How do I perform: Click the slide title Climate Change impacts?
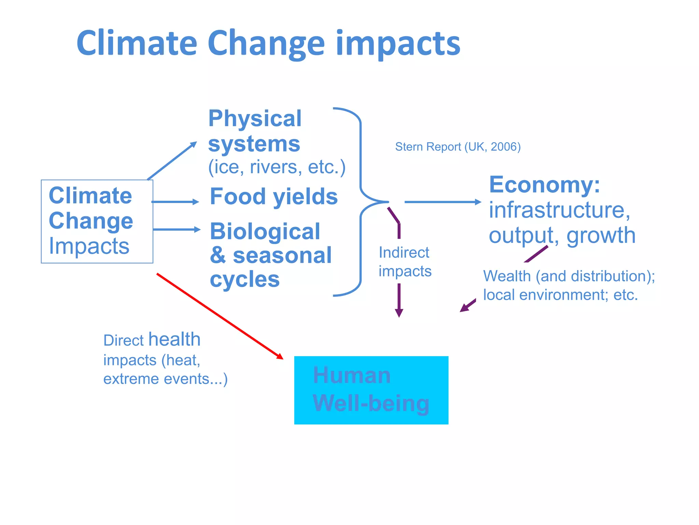(x=268, y=43)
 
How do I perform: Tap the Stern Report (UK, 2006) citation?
(x=458, y=147)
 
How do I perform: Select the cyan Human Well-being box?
(x=371, y=390)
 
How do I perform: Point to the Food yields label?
(x=274, y=197)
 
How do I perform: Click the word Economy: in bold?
(x=544, y=185)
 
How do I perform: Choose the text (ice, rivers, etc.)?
(x=277, y=167)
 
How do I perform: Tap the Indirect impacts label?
(x=405, y=262)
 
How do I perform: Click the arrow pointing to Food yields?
(x=175, y=202)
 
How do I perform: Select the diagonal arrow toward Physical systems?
(x=172, y=161)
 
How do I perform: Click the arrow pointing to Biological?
(x=176, y=229)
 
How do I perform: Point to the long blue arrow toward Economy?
(x=442, y=202)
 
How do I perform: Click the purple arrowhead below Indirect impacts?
(x=399, y=312)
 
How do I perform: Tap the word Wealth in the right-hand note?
(x=507, y=276)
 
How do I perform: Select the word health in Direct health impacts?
(x=174, y=339)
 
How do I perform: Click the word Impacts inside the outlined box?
(x=89, y=246)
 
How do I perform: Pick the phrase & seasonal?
(x=271, y=255)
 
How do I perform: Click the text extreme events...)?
(x=165, y=379)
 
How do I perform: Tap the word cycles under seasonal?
(x=245, y=279)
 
